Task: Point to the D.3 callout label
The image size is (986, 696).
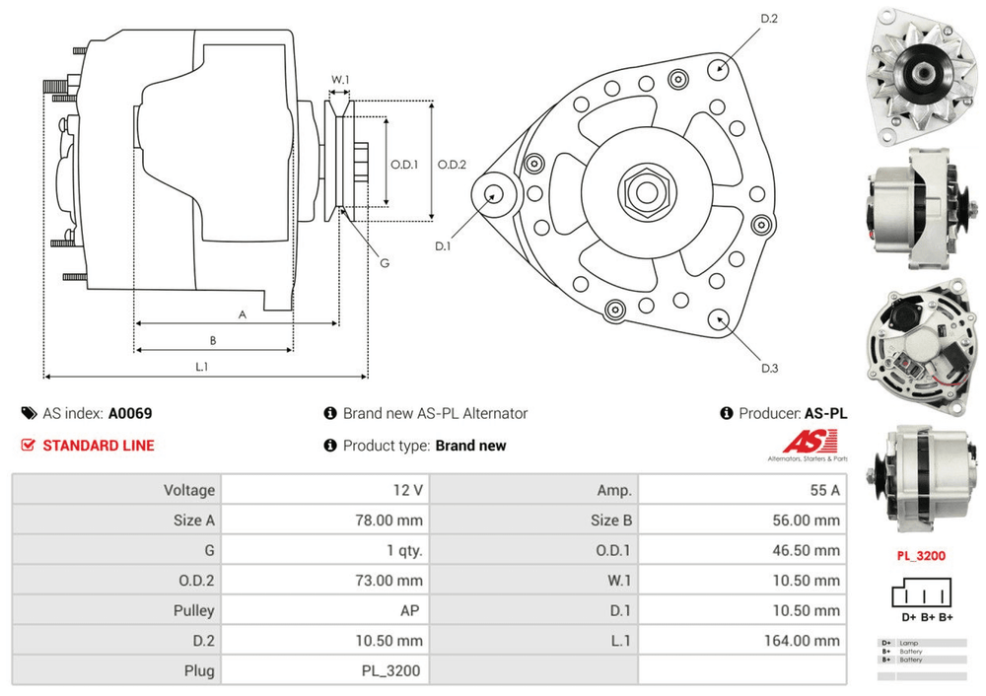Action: click(x=770, y=369)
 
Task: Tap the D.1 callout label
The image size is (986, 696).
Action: click(x=442, y=246)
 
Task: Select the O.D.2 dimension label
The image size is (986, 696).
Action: click(x=452, y=165)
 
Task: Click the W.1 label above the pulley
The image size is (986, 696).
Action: click(x=340, y=79)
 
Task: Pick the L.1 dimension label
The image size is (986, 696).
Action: click(x=201, y=366)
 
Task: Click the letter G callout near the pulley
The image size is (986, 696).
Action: click(x=385, y=263)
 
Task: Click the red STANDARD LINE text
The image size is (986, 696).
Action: click(x=98, y=446)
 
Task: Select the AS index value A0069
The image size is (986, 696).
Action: click(x=130, y=414)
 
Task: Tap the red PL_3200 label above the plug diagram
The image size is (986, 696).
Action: click(x=921, y=556)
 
